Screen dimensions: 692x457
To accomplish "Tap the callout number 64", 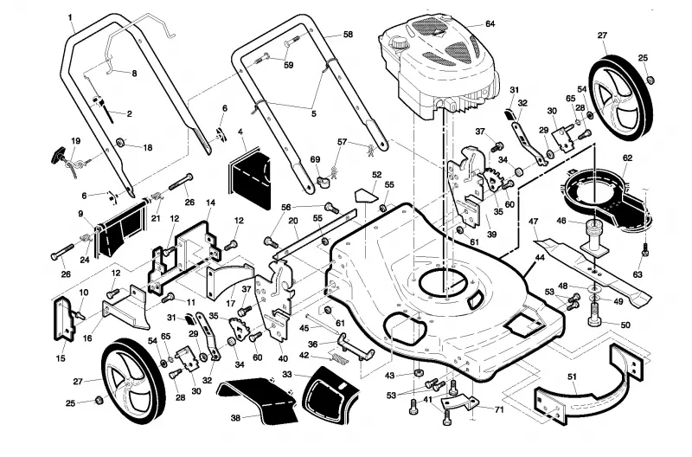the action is pyautogui.click(x=490, y=23).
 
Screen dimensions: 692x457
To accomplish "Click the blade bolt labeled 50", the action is pyautogui.click(x=595, y=318).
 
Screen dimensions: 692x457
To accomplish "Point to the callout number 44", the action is pyautogui.click(x=539, y=257).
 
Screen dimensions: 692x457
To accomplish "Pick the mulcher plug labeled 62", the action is pyautogui.click(x=607, y=199).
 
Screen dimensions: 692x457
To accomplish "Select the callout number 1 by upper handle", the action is pyautogui.click(x=70, y=16).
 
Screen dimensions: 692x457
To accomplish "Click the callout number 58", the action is pyautogui.click(x=349, y=34).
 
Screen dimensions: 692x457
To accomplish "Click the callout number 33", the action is pyautogui.click(x=287, y=375).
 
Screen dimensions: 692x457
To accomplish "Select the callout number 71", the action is pyautogui.click(x=499, y=409).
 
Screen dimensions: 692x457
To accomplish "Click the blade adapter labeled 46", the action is pyautogui.click(x=593, y=236).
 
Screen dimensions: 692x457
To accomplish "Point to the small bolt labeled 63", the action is pyautogui.click(x=644, y=249).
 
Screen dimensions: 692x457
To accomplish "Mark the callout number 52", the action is pyautogui.click(x=376, y=175).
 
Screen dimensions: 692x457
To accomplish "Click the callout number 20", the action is pyautogui.click(x=293, y=222).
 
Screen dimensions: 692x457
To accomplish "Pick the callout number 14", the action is pyautogui.click(x=211, y=203).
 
